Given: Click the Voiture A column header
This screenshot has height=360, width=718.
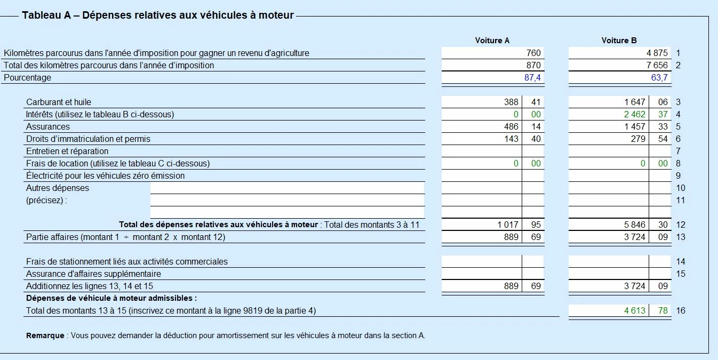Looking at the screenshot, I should tap(492, 41).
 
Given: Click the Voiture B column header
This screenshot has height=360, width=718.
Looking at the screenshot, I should tap(619, 41).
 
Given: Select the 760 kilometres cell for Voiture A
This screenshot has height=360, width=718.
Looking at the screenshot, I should tap(533, 53).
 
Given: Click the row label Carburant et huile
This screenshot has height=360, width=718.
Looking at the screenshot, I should tap(62, 102).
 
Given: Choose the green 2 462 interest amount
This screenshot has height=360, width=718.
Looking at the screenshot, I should tap(634, 114).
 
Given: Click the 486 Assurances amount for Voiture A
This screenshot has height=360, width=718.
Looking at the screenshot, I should tap(510, 126).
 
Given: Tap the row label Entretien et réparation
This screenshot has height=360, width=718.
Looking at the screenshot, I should tap(67, 151).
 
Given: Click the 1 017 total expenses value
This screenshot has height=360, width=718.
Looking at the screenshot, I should tap(507, 225).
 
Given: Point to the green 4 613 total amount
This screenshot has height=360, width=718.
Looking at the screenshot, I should tap(634, 310).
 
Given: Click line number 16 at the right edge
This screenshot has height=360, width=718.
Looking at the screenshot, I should tap(680, 310).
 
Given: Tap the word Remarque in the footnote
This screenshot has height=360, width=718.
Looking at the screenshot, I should tap(45, 335).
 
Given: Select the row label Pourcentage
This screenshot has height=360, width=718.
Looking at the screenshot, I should tap(27, 78).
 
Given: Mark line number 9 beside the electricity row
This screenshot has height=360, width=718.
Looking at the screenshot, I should tap(678, 175).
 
